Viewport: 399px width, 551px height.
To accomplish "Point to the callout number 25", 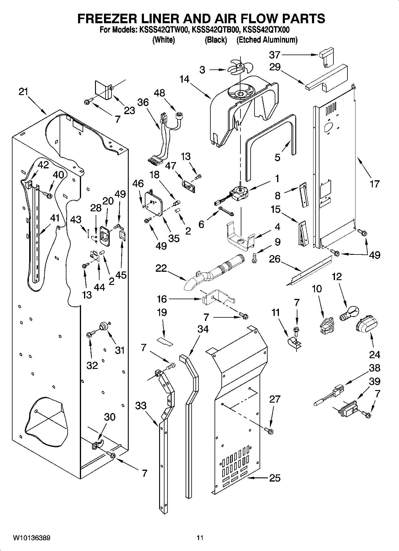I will tap(274, 478).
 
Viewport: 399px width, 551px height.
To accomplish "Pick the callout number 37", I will tap(275, 55).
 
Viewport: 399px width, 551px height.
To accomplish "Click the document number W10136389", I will tap(31, 538).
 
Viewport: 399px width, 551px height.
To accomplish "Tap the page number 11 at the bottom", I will tap(200, 538).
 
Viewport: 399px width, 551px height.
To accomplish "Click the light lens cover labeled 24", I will tap(366, 327).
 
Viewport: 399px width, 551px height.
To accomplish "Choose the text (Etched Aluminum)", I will tap(267, 40).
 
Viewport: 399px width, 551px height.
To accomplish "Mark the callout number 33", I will tap(141, 406).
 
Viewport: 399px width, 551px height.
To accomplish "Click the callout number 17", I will tap(374, 184).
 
